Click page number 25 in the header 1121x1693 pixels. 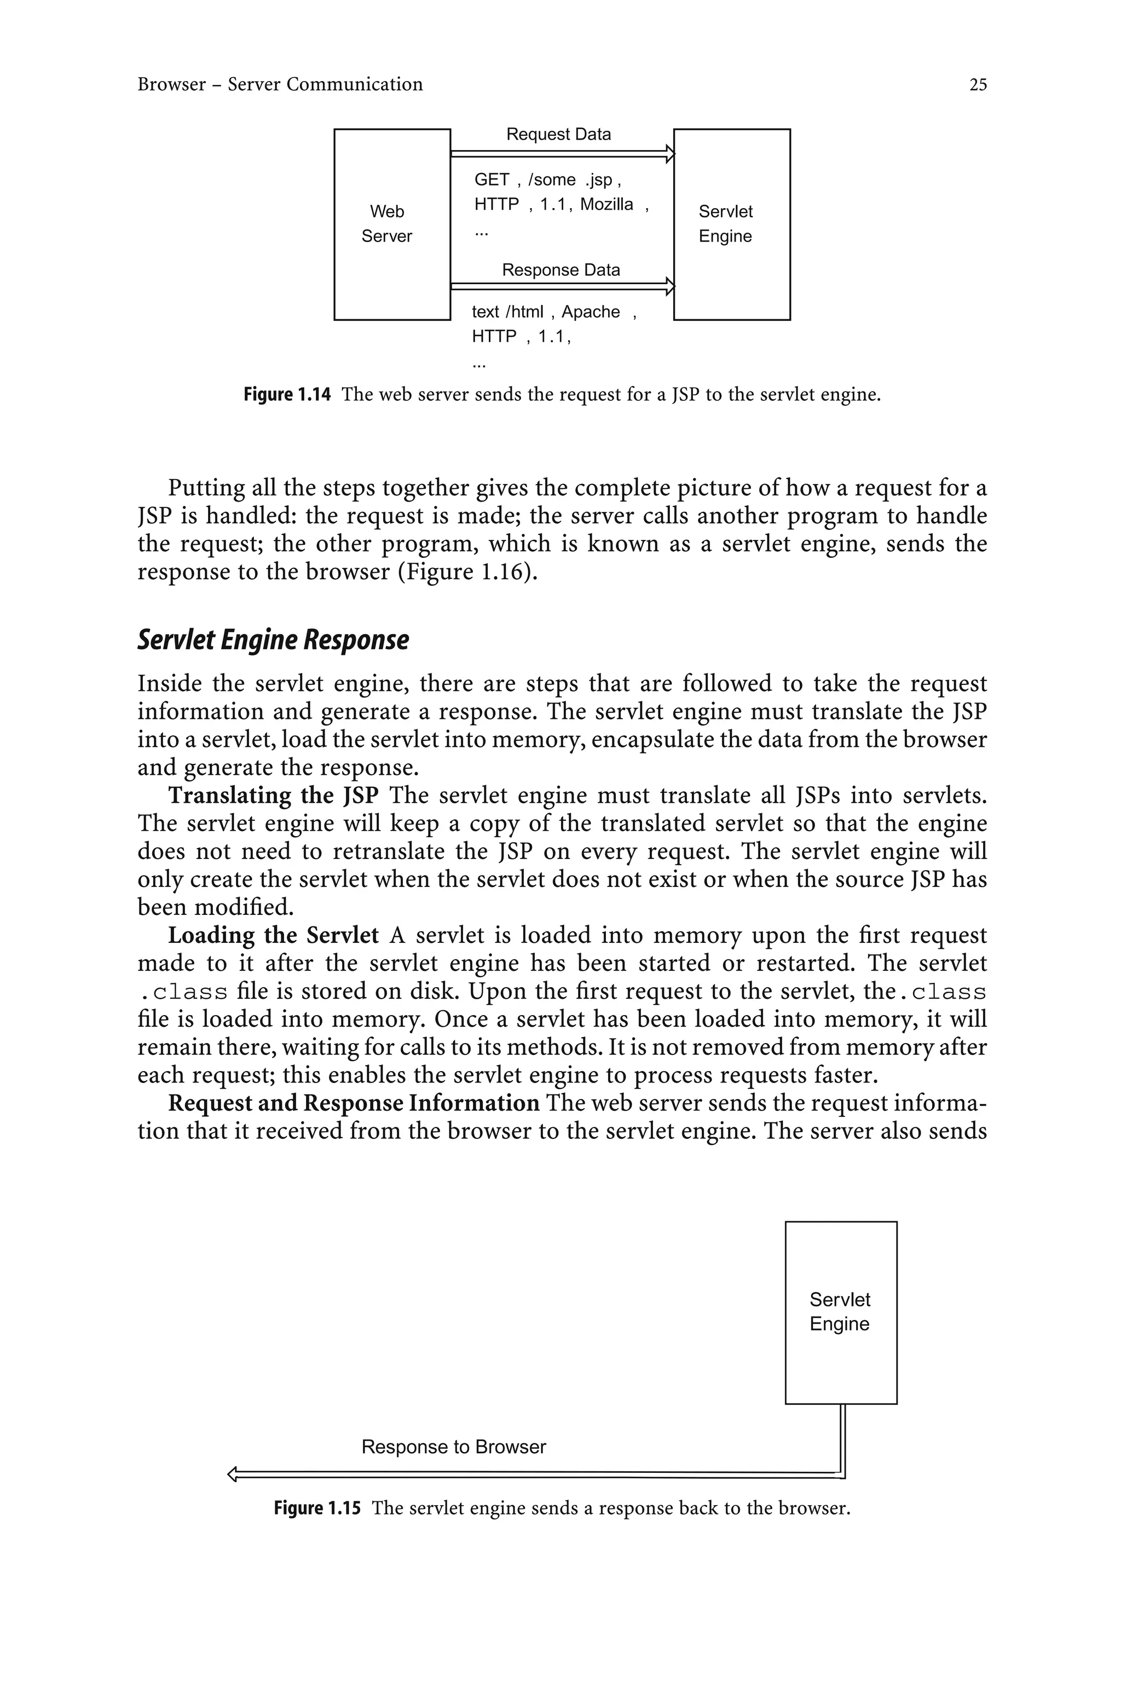click(977, 84)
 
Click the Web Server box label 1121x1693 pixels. click(387, 224)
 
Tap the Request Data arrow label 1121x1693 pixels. click(558, 134)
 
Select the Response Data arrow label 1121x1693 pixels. click(560, 270)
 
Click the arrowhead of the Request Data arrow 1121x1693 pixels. click(670, 153)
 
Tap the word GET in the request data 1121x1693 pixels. click(492, 180)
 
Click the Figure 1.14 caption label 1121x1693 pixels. click(287, 395)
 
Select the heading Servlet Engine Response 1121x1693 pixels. click(273, 640)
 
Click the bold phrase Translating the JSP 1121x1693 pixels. click(273, 796)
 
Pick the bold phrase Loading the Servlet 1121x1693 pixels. click(273, 935)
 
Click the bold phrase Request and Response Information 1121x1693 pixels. click(353, 1103)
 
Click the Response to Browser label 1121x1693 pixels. click(453, 1447)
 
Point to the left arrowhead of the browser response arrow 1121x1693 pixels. click(232, 1473)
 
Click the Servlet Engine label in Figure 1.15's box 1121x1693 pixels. click(840, 1312)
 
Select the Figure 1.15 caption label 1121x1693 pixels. click(317, 1508)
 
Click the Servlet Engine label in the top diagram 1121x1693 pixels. click(726, 224)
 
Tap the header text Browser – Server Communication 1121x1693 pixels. click(280, 84)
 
